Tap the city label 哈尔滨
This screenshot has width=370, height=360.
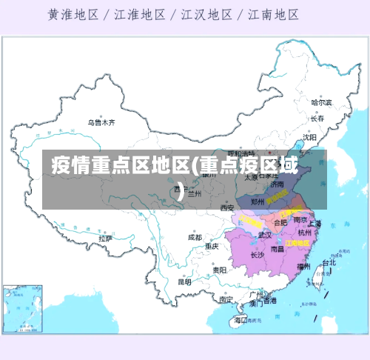[x=321, y=102]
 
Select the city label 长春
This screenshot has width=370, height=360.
[x=317, y=119]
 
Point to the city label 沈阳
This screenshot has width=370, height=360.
[x=309, y=137]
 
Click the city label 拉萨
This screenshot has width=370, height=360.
[x=105, y=239]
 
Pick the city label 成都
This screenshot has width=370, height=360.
[x=195, y=238]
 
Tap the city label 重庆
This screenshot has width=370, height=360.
[x=212, y=246]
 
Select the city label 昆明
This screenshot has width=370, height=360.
[x=184, y=281]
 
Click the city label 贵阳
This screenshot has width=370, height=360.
[x=219, y=270]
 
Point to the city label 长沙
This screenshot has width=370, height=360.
[x=257, y=255]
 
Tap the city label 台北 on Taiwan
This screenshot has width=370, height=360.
[x=329, y=262]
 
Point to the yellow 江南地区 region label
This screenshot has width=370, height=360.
[x=297, y=242]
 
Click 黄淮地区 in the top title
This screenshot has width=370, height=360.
[x=76, y=14]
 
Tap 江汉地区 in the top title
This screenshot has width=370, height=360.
[x=208, y=14]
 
